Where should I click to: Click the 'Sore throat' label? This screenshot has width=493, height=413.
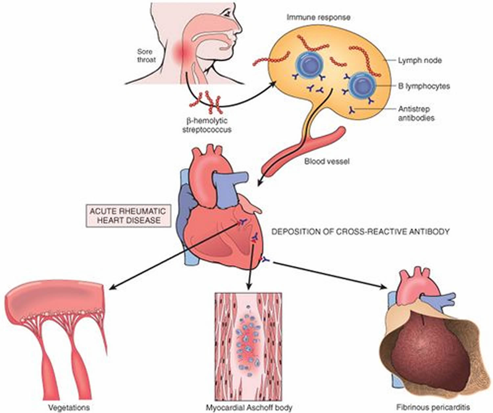tap(145, 56)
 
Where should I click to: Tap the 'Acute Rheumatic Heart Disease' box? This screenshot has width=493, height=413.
tap(128, 215)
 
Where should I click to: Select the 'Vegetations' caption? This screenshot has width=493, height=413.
tap(69, 407)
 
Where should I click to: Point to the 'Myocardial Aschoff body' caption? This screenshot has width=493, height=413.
tap(249, 407)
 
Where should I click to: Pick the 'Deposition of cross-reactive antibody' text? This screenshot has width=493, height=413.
tap(360, 232)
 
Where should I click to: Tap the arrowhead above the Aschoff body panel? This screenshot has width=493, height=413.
tap(249, 287)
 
